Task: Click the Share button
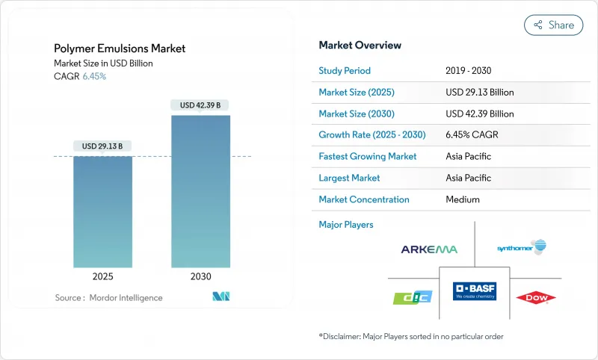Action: pyautogui.click(x=554, y=25)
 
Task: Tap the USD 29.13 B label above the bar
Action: pyautogui.click(x=103, y=146)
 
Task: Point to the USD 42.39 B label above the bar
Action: pyautogui.click(x=200, y=105)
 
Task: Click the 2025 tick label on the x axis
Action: pyautogui.click(x=103, y=276)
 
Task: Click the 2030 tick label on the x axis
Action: pyautogui.click(x=200, y=276)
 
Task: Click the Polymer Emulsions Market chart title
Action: pyautogui.click(x=120, y=49)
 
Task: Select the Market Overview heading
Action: pyautogui.click(x=360, y=45)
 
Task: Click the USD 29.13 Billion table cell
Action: pyautogui.click(x=479, y=93)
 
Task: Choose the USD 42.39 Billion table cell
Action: pyautogui.click(x=479, y=114)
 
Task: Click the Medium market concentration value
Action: pyautogui.click(x=463, y=199)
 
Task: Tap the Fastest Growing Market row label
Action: pyautogui.click(x=368, y=157)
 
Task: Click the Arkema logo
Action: pyautogui.click(x=429, y=249)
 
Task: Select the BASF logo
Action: pyautogui.click(x=474, y=291)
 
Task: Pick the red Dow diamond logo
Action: pyautogui.click(x=536, y=298)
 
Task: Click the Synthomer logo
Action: pyautogui.click(x=522, y=247)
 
